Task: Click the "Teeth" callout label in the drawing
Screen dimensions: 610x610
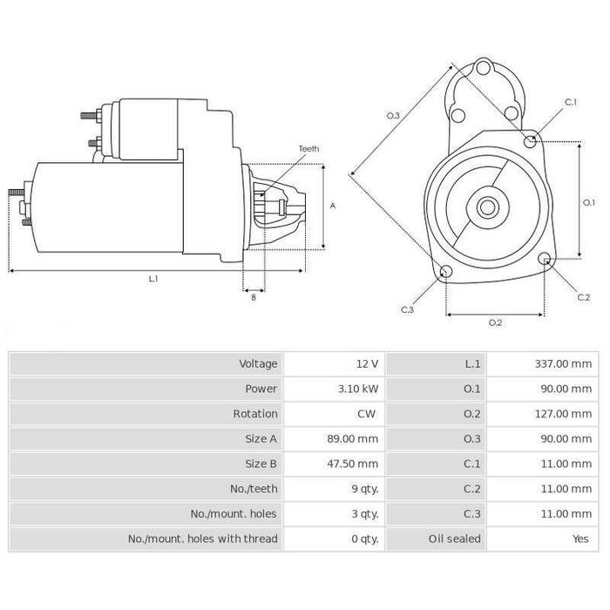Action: coord(308,149)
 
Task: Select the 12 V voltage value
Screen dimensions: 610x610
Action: coord(368,363)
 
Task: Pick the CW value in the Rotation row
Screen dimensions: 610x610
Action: coord(369,414)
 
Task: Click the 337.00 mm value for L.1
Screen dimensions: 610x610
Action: coord(563,363)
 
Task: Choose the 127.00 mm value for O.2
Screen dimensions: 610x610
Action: coord(563,414)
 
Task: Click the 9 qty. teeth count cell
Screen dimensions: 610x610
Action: coord(364,489)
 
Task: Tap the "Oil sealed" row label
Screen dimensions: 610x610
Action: coord(454,539)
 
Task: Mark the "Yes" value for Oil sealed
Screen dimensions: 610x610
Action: coord(580,539)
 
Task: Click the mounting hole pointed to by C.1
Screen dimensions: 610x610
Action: coord(531,139)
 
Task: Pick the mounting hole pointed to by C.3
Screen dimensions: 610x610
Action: coord(445,271)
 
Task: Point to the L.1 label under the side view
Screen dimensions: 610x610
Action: coord(153,279)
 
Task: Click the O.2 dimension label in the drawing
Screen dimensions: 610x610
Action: coord(495,322)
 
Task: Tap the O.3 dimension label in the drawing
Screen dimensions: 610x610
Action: coord(393,115)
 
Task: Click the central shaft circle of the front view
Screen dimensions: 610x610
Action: coord(486,207)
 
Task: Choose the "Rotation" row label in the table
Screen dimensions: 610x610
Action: coord(255,414)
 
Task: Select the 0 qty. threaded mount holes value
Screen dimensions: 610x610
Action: coord(364,539)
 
